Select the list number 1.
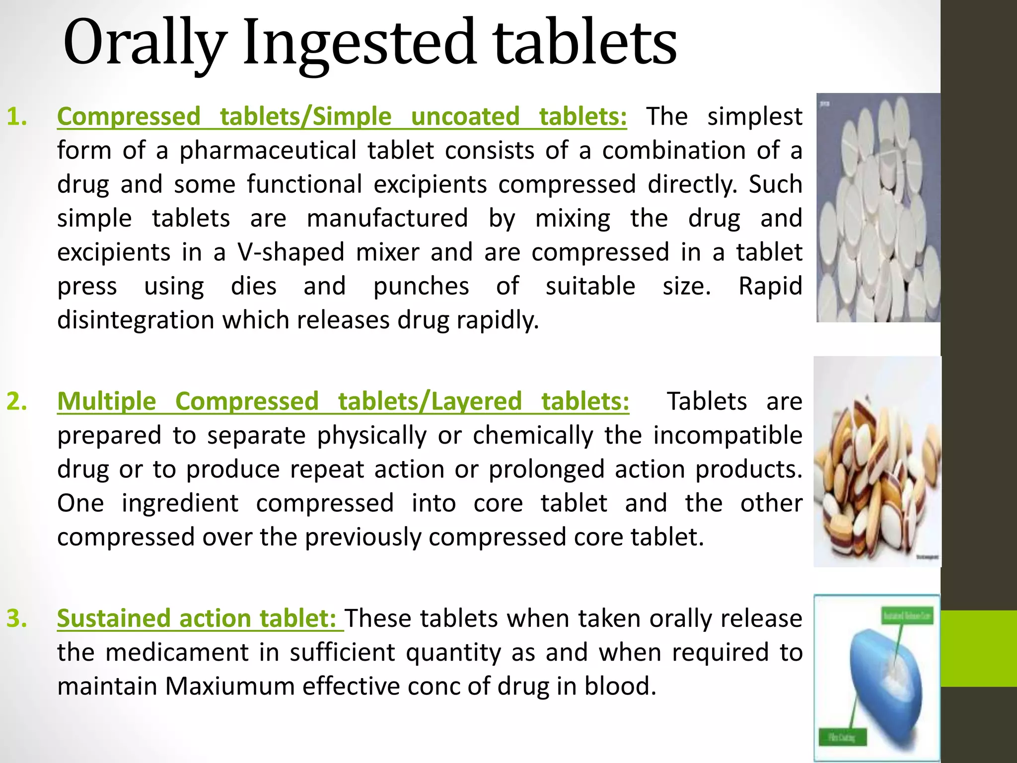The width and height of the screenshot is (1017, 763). point(17,117)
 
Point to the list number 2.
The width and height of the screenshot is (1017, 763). point(17,401)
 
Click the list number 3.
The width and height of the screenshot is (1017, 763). point(17,618)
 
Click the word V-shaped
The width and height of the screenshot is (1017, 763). point(291,252)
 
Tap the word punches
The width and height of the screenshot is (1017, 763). point(421,286)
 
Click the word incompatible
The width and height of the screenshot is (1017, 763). point(727,436)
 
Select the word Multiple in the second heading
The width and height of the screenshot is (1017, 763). point(107,401)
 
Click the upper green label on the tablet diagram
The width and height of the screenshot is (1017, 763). point(907,616)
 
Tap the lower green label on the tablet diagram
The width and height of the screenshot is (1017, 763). point(842,737)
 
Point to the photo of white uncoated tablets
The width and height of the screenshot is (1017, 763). point(878,208)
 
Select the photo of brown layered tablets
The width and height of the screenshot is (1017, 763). point(877,462)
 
